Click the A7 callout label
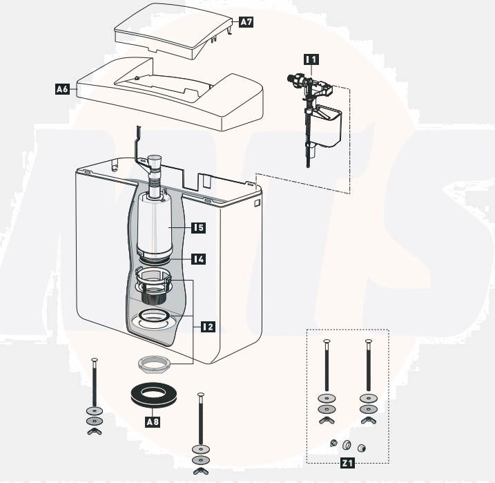[246, 22]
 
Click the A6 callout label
[62, 89]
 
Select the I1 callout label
[311, 59]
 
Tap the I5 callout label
[199, 227]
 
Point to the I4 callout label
[199, 259]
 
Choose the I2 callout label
[208, 325]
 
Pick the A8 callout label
[153, 420]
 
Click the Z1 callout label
[347, 464]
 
